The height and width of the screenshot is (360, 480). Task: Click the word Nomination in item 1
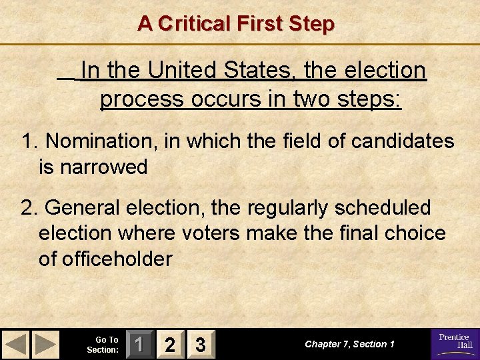[100, 141]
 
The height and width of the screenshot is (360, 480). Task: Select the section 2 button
[171, 344]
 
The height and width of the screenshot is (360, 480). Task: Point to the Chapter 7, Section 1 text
[350, 344]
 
